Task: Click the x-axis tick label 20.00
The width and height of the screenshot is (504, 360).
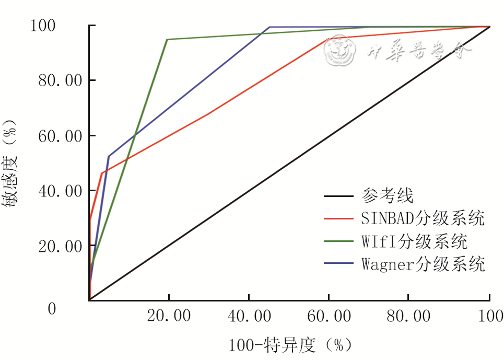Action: [169, 317]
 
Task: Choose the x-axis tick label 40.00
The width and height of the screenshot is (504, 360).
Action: [249, 317]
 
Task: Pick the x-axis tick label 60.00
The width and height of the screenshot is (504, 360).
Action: [329, 317]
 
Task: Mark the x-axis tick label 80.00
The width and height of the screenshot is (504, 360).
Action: [408, 317]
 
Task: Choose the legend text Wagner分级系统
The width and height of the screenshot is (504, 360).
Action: [423, 264]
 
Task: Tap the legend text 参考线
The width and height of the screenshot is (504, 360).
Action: [387, 196]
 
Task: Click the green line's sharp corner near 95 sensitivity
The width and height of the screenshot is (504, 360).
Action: [167, 39]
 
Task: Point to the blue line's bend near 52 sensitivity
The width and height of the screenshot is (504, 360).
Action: [109, 156]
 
